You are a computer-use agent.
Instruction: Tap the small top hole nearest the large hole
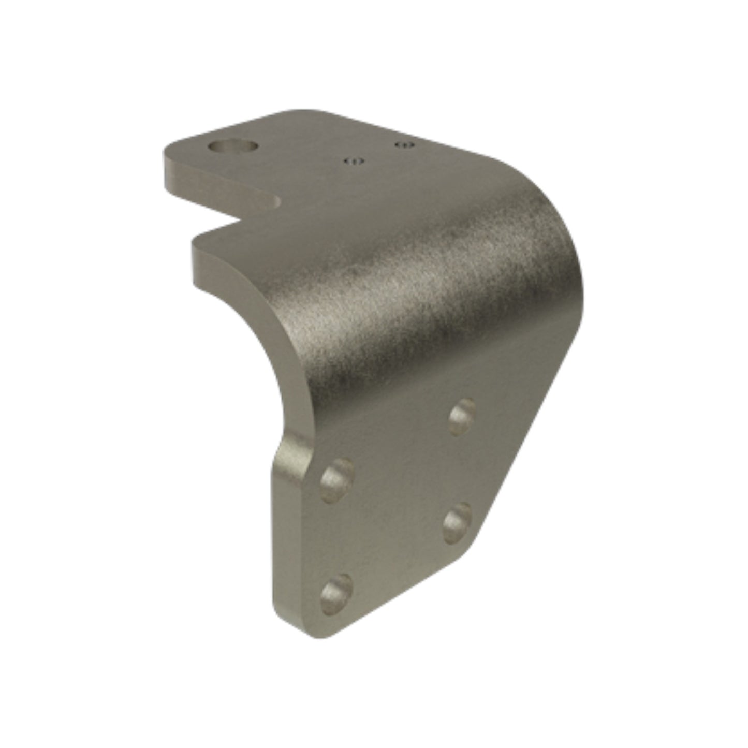(x=354, y=161)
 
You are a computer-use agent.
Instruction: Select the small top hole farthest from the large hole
(x=404, y=144)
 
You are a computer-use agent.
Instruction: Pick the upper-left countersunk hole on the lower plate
(x=337, y=479)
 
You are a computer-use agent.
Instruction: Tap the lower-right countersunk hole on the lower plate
(x=457, y=522)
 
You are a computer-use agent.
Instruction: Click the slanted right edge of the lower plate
(x=523, y=456)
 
